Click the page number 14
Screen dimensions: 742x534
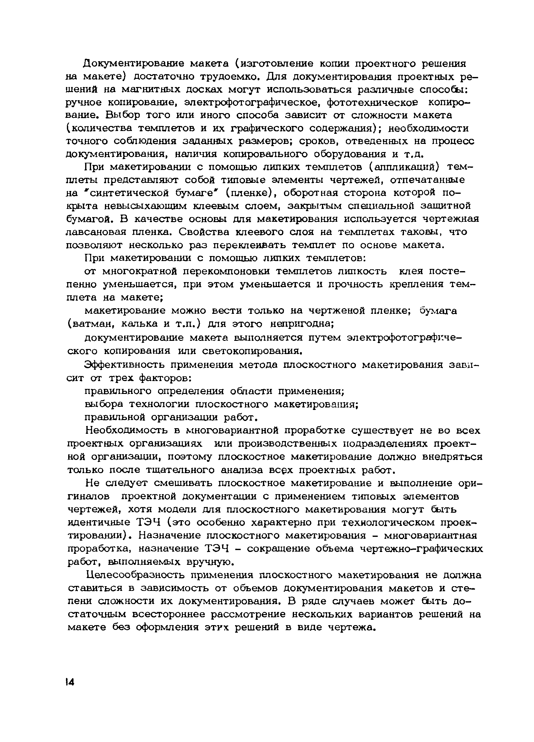tap(70, 682)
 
